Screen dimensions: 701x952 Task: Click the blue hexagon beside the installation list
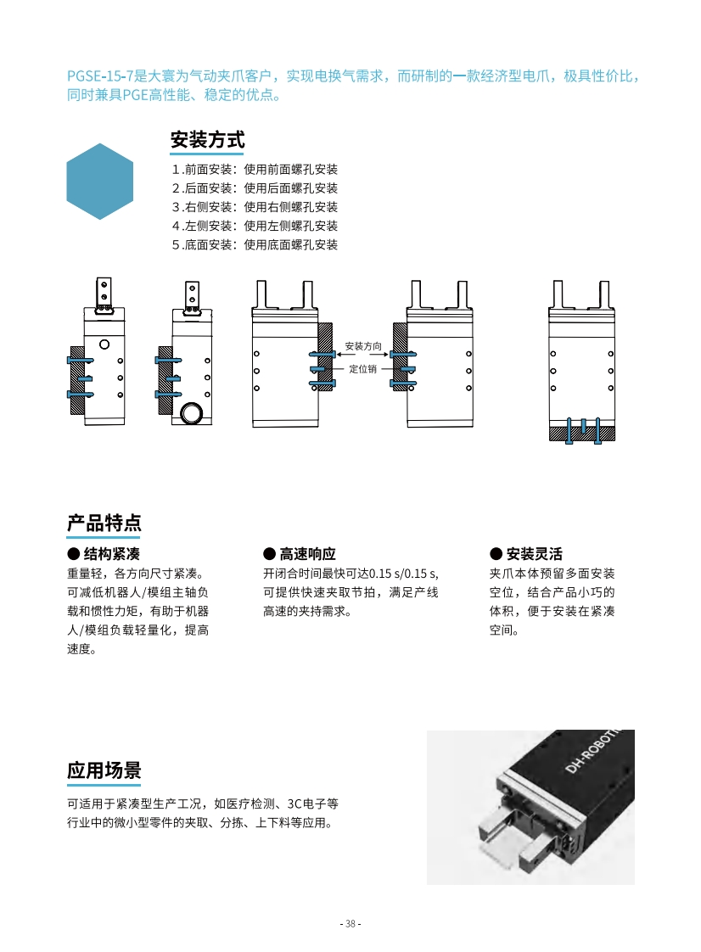click(100, 182)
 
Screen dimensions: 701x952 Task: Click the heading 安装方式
click(207, 139)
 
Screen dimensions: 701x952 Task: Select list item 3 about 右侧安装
click(255, 207)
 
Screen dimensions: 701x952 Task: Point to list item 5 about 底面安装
click(255, 245)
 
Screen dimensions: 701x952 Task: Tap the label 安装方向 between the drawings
click(363, 346)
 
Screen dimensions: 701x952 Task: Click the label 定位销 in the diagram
click(363, 370)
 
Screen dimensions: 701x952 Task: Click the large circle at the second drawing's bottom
click(193, 413)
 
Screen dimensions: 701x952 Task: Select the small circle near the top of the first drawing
click(104, 344)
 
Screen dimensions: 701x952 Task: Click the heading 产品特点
click(104, 523)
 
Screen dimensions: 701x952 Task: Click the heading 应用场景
click(104, 770)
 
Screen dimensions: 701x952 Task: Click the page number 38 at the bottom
click(350, 924)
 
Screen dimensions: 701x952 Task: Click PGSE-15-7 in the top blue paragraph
click(98, 76)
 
